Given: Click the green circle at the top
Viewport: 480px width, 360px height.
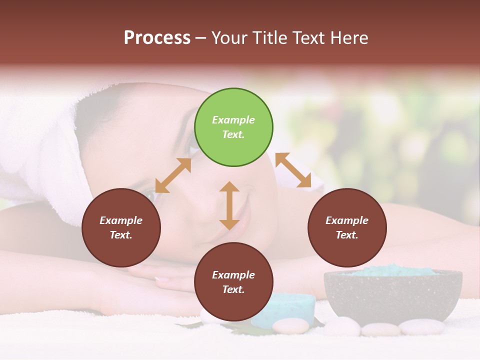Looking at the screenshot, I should click(x=233, y=127).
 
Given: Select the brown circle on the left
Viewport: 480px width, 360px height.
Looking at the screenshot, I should click(x=121, y=228).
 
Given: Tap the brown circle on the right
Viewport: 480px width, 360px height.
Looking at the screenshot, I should click(x=347, y=228).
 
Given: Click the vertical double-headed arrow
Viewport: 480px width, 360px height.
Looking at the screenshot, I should click(x=229, y=205).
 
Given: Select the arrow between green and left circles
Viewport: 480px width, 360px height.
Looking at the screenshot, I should click(x=173, y=175).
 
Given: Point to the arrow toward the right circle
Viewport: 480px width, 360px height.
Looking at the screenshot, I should click(x=293, y=170).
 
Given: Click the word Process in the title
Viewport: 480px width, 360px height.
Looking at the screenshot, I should click(x=157, y=38).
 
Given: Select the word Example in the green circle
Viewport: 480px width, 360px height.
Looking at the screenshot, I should click(x=233, y=120).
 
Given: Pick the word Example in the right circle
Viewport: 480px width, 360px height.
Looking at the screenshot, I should click(x=347, y=220).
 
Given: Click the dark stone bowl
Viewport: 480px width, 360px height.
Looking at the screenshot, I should click(x=392, y=295).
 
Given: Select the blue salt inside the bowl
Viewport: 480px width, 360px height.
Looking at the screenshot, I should click(x=395, y=270).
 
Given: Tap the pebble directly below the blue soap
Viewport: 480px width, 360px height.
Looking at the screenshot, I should click(x=290, y=326).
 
